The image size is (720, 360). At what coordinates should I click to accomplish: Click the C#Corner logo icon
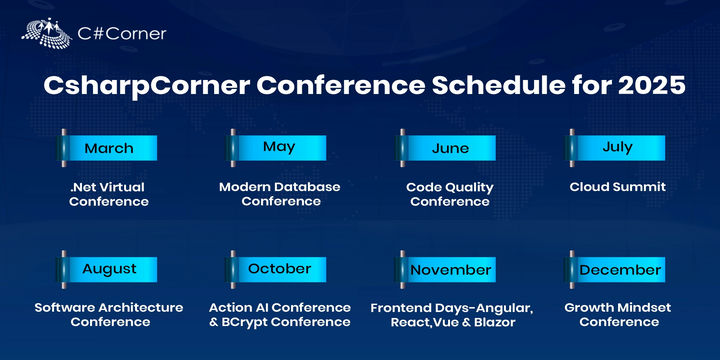point(46,32)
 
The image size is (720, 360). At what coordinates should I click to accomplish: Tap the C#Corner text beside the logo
point(122,33)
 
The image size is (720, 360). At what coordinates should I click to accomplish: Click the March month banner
point(108,148)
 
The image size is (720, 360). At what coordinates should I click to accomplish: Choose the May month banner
point(278,147)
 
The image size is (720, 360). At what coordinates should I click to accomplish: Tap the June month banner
point(449,148)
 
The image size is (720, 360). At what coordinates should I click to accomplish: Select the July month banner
point(617,147)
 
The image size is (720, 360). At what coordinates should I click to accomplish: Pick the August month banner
point(108,269)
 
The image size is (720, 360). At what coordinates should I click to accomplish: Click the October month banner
point(278,269)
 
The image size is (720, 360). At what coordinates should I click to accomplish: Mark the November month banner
point(449,270)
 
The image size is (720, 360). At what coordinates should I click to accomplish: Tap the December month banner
point(618,270)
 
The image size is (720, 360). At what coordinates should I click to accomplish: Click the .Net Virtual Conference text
point(109,194)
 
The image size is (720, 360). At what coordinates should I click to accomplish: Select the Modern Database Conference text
point(280,194)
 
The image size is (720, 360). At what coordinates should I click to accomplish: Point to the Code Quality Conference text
point(450,194)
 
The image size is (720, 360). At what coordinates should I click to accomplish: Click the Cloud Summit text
point(618,187)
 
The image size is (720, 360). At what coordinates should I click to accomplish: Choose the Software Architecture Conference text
point(109,315)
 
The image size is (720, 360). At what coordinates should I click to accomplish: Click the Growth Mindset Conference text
point(619,315)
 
